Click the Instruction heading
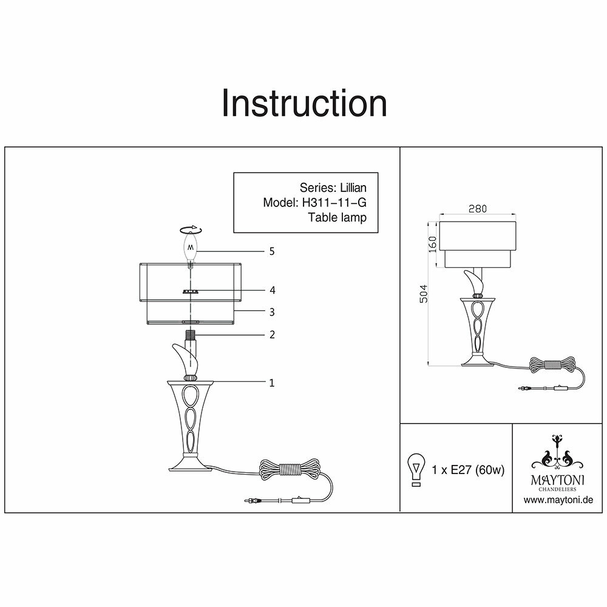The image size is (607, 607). (304, 103)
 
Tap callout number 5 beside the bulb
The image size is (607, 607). (273, 251)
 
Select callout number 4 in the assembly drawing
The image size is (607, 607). (273, 290)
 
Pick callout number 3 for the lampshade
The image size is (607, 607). (273, 312)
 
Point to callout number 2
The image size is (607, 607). (273, 334)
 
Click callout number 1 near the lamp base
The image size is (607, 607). (273, 382)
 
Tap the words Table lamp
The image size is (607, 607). (337, 217)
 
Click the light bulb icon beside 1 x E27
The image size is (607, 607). (416, 470)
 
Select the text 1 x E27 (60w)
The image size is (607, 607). (468, 470)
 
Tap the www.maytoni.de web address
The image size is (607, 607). (558, 500)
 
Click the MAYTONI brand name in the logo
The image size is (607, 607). (557, 479)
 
